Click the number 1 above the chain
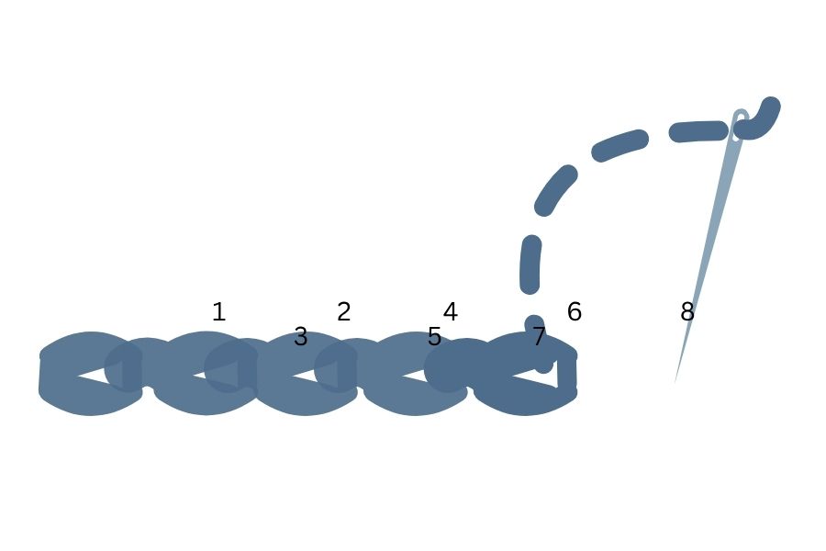point(218,311)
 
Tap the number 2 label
point(343,311)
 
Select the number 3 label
point(300,336)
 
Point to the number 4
point(450,311)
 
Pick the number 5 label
point(434,336)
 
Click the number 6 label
point(575,311)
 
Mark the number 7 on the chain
point(539,336)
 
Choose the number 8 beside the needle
point(686,311)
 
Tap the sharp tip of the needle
point(675,382)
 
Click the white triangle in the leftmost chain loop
point(99,375)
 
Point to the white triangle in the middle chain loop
point(315,375)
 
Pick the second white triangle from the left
point(216,375)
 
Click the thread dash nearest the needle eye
point(698,131)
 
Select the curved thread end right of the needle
point(759,120)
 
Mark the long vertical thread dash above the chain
point(530,264)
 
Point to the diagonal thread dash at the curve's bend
point(555,190)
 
